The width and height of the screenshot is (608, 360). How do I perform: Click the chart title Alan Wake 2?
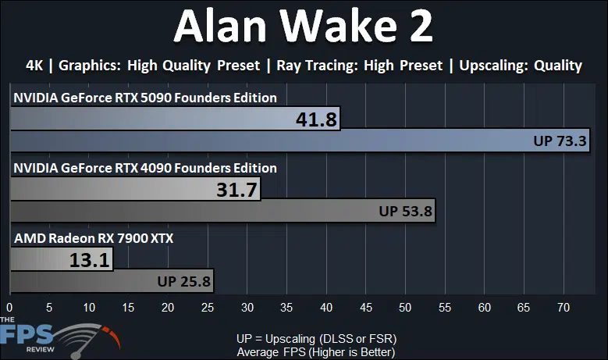304,26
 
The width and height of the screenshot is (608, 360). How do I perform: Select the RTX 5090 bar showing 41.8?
176,119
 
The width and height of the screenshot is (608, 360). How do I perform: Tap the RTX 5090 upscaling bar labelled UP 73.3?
300,141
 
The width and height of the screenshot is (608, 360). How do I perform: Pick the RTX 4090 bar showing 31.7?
135,189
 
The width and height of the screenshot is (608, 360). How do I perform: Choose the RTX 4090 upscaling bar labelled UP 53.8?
223,211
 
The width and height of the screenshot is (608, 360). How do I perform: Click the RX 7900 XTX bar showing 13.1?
62,259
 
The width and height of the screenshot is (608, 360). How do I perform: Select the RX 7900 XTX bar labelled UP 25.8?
112,281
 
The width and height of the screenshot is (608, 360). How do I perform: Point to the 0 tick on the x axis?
9,308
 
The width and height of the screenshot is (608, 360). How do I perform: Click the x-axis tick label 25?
208,308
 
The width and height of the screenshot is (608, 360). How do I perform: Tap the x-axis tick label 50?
405,308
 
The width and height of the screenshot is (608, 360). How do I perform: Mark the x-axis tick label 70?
564,308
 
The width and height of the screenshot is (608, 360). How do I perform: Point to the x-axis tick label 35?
286,308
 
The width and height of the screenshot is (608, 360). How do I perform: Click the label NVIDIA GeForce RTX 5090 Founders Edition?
145,98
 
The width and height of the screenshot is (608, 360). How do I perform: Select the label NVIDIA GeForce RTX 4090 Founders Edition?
145,168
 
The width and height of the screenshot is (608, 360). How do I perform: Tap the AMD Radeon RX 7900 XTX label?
94,238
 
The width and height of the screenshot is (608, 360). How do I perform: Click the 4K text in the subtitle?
34,66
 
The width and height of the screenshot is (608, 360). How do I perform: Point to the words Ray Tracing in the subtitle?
317,66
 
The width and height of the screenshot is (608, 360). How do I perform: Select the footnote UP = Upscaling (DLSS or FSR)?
316,339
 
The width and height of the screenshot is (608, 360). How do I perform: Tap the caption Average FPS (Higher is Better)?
316,352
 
